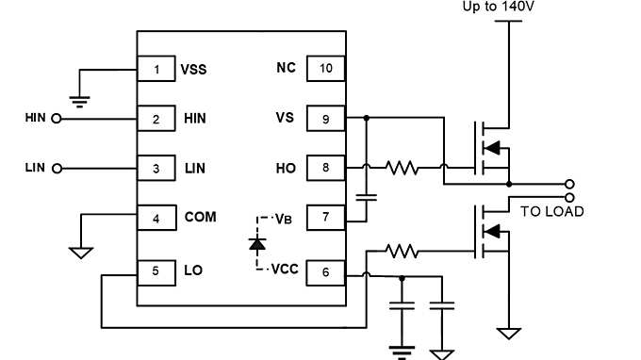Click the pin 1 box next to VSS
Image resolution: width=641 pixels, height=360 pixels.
156,69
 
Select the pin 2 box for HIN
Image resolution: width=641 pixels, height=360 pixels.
156,119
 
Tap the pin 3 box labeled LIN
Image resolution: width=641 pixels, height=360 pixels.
156,168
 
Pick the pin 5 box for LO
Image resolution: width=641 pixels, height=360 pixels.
156,271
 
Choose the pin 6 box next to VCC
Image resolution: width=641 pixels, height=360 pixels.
325,271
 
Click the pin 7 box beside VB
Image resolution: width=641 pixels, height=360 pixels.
325,218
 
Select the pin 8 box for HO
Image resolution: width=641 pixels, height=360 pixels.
325,168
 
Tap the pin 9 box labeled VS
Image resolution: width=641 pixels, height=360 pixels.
325,119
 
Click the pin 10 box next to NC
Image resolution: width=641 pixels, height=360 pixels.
325,69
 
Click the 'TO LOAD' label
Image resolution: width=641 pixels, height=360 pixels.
551,211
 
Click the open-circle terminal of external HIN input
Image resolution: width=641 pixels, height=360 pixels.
56,119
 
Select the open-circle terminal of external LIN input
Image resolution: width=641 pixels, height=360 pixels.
56,169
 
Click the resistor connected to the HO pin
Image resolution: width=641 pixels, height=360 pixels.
402,168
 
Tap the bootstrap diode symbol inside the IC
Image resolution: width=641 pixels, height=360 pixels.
256,243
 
